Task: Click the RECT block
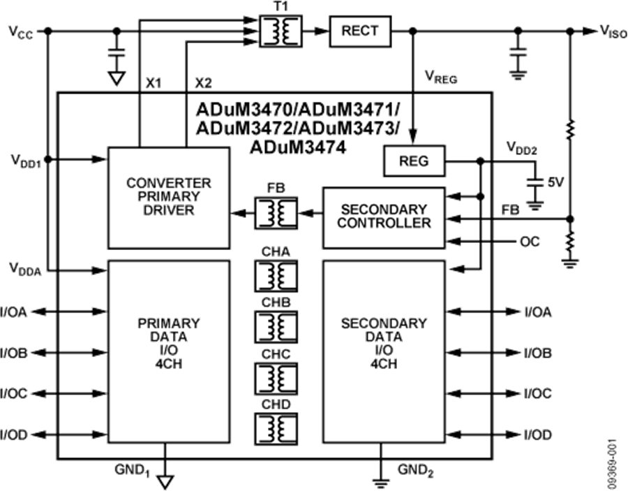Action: (x=360, y=31)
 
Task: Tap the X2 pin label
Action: (x=202, y=83)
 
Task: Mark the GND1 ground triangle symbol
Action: (x=166, y=481)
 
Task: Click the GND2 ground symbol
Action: (x=382, y=481)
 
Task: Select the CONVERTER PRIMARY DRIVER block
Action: (x=169, y=197)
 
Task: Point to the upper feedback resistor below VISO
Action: (x=571, y=129)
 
